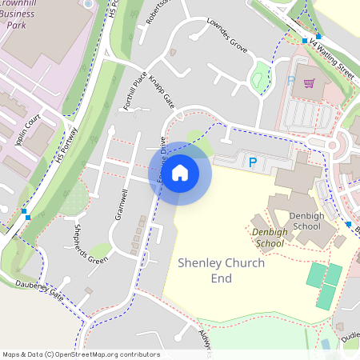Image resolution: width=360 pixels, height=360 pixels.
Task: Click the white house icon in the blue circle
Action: pyautogui.click(x=180, y=172)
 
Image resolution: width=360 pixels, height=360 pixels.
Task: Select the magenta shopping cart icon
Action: pyautogui.click(x=308, y=82)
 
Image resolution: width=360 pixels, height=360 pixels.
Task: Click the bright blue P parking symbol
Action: pyautogui.click(x=253, y=162)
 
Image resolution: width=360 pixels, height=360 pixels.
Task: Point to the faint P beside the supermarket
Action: pyautogui.click(x=291, y=81)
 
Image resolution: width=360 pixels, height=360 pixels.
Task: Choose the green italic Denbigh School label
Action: pyautogui.click(x=268, y=238)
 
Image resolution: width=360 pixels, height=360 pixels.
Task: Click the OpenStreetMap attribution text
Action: pyautogui.click(x=81, y=354)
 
